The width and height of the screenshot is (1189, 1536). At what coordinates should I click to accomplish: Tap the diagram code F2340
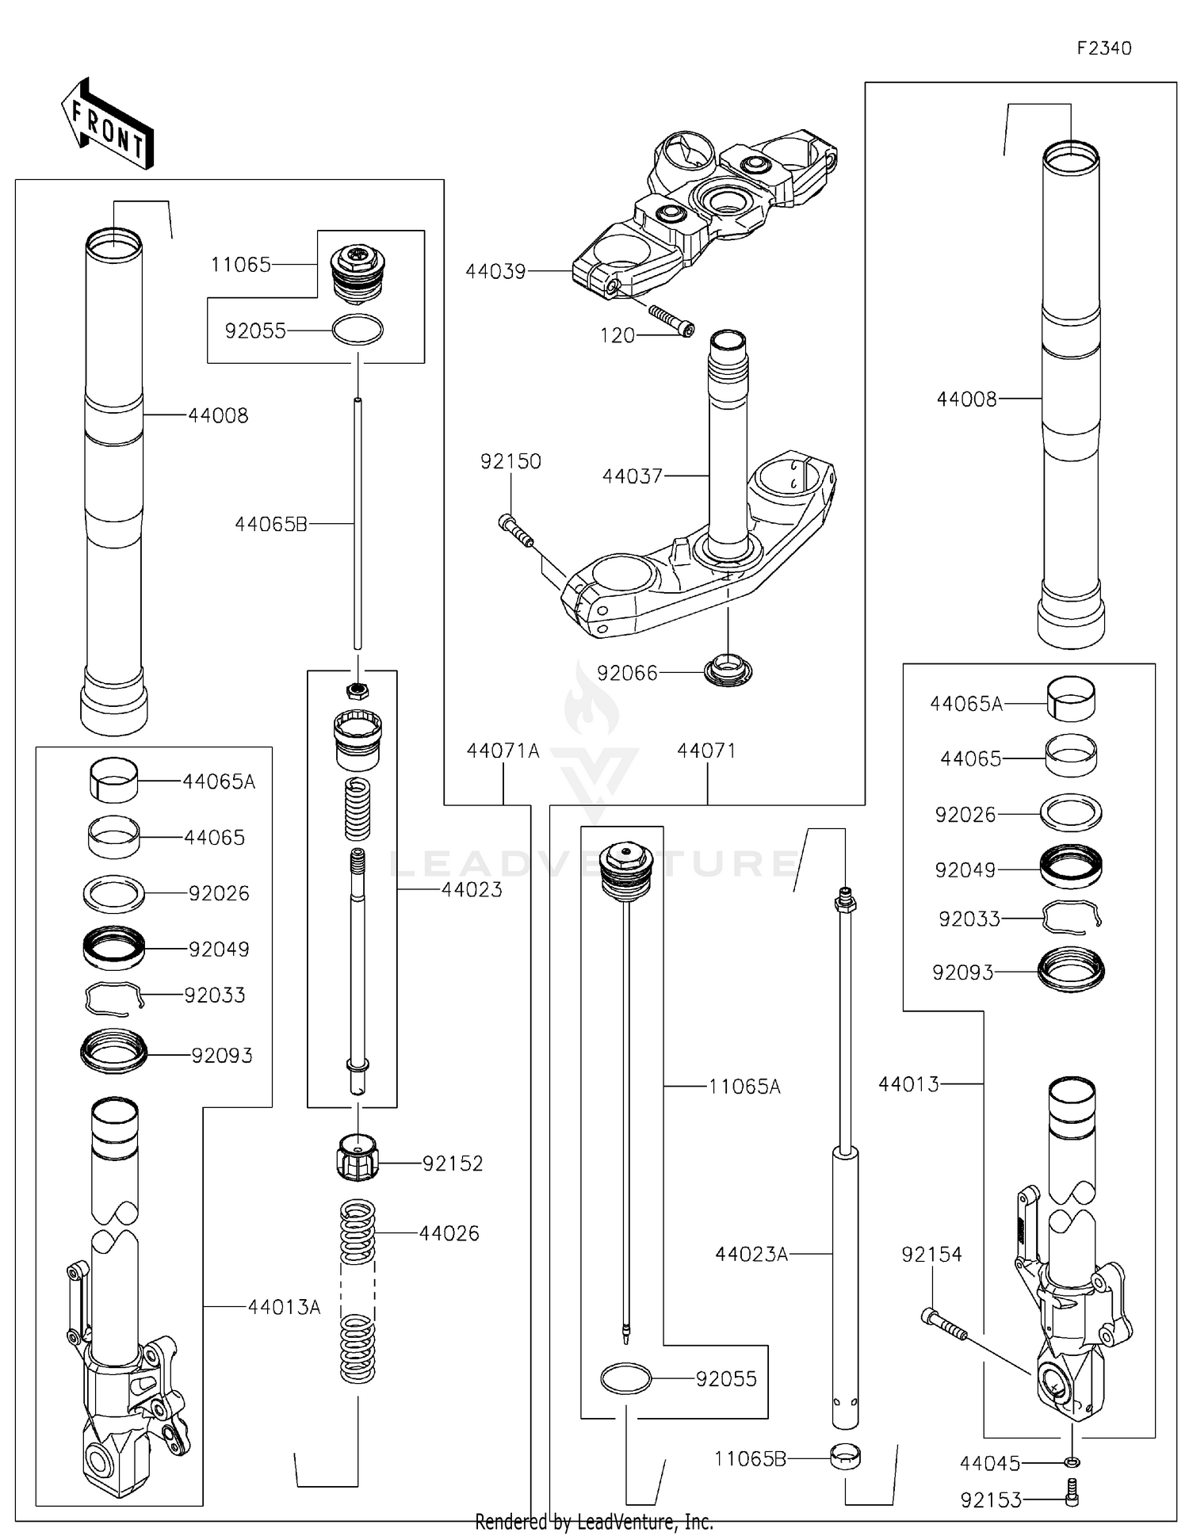point(1103,48)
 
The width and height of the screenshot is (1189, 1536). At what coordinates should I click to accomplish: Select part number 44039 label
point(495,271)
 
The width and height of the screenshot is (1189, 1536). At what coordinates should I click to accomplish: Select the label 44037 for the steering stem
point(632,476)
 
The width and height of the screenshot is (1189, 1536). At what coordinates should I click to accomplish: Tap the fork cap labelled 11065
point(357,273)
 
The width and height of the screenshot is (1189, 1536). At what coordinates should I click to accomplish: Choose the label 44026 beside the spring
point(449,1233)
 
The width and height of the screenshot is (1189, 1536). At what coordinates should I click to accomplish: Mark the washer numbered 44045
point(1072,1461)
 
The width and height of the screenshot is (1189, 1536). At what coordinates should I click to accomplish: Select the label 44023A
point(751,1254)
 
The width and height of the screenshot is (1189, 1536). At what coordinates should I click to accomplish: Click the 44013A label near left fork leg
point(284,1307)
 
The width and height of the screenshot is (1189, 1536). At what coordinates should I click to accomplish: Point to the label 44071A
point(503,751)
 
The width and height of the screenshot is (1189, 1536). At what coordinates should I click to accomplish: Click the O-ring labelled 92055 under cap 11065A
point(626,1379)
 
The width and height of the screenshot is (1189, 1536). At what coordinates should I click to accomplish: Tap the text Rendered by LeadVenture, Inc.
point(594,1522)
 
